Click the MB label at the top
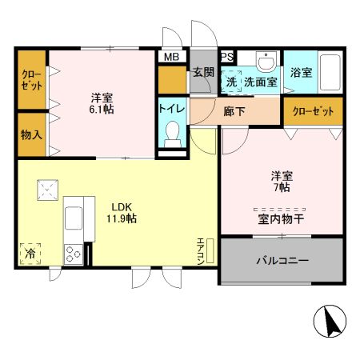click(x=171, y=57)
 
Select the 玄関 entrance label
click(x=203, y=71)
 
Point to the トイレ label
click(x=171, y=108)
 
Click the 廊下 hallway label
click(x=235, y=110)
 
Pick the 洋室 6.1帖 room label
click(x=101, y=103)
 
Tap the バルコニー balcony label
click(x=282, y=260)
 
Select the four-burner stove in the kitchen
click(x=74, y=254)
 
